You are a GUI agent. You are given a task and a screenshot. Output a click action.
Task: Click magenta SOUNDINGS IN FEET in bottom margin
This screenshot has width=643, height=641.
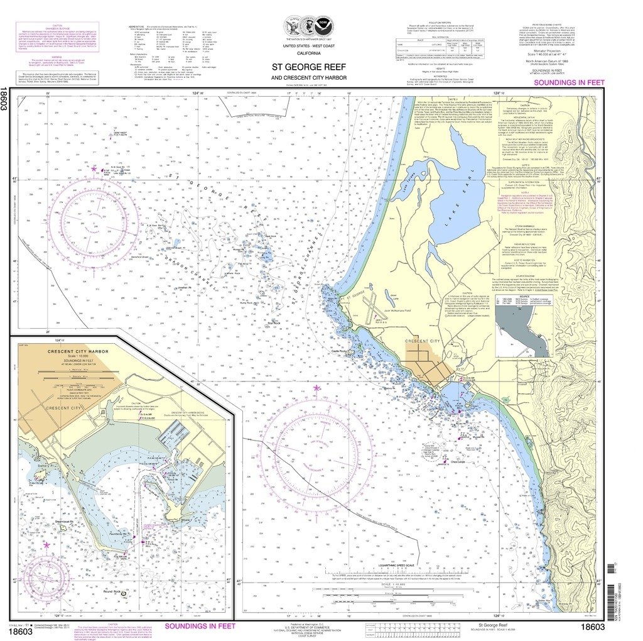pos(200,626)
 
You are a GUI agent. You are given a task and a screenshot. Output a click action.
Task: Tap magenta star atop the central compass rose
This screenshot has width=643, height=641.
pos(316,388)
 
